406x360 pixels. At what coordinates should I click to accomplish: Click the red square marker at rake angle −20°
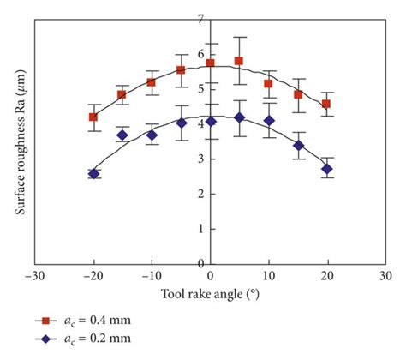(93, 117)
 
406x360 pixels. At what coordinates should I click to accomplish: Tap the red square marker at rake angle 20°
(326, 104)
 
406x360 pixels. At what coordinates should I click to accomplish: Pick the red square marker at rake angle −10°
(152, 82)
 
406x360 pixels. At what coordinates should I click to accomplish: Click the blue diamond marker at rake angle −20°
(93, 174)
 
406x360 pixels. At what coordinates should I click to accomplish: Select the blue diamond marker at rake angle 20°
(326, 169)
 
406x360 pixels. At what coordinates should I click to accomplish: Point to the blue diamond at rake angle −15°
(122, 135)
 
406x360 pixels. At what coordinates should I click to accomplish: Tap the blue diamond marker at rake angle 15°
(298, 146)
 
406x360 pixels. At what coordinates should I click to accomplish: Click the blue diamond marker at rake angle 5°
(239, 117)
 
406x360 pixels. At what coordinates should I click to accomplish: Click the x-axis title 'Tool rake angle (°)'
(211, 295)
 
